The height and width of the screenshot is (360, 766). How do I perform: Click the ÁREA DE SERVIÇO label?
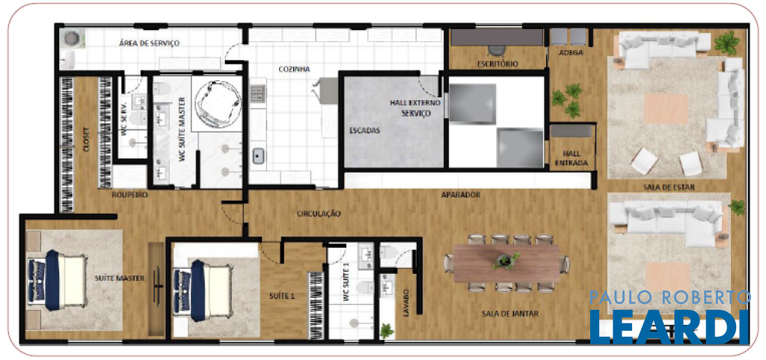point(149,43)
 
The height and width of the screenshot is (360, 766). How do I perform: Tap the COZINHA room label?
point(294,70)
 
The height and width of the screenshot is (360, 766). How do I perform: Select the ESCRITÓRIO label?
point(497,64)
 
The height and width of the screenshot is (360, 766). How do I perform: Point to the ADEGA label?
point(571,52)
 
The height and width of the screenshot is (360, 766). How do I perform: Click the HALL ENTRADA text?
point(571,158)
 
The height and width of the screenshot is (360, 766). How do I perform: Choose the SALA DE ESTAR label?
point(670,187)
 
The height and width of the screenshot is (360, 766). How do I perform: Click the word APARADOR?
point(461,195)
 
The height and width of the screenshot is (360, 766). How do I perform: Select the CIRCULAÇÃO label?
point(319,213)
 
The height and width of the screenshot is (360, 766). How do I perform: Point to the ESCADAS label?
point(365,131)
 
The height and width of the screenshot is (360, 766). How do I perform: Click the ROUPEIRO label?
point(129,195)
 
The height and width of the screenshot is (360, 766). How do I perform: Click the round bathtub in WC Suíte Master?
point(218,99)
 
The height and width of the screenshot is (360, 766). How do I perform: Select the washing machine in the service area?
point(73,37)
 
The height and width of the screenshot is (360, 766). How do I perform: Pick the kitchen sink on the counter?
point(258,156)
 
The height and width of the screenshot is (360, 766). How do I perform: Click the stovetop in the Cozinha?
point(258,93)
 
